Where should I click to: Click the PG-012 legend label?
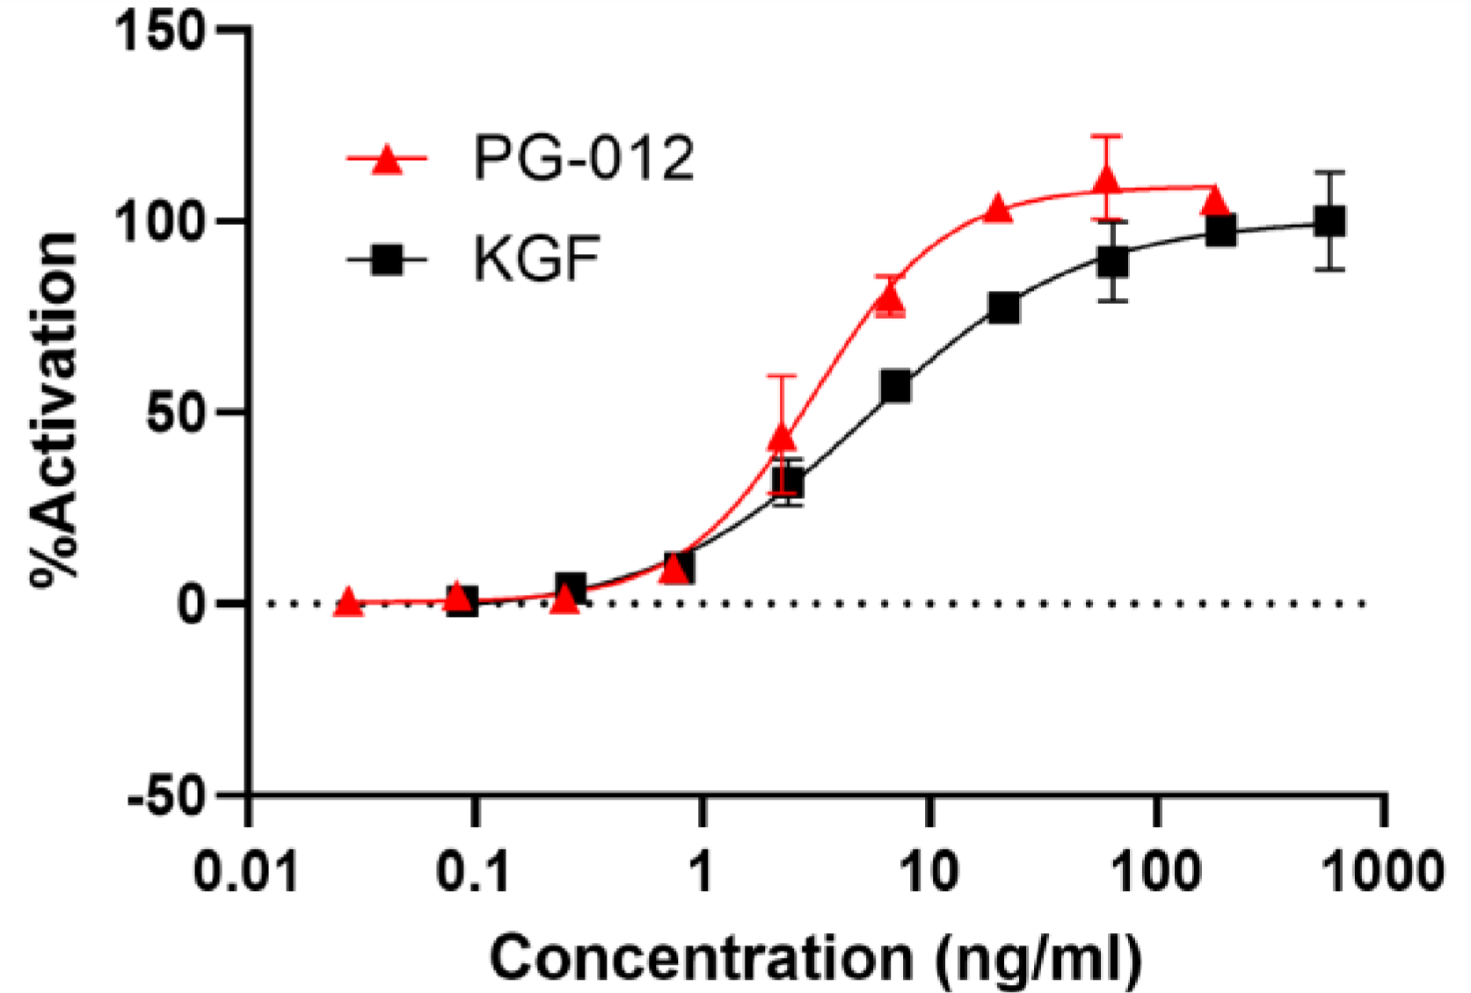tap(583, 159)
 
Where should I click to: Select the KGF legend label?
tap(536, 259)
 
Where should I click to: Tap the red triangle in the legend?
tap(387, 161)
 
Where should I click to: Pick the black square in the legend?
tap(387, 260)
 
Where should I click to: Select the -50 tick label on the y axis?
tap(165, 796)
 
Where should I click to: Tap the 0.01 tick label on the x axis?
tap(247, 873)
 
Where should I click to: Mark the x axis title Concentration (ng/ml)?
tap(815, 958)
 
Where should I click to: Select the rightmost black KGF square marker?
tap(1329, 221)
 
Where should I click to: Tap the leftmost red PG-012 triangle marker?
tap(348, 603)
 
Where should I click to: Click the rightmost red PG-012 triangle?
tap(1215, 201)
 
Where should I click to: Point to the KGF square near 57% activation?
tap(895, 387)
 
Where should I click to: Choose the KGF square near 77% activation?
tap(1003, 308)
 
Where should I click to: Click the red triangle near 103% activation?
tap(997, 209)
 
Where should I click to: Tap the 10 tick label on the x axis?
tap(928, 873)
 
